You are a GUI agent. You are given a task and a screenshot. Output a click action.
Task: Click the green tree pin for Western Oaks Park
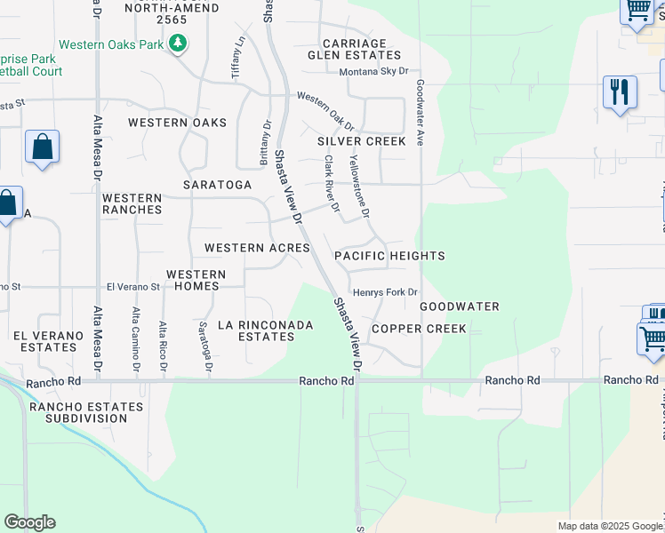[179, 43]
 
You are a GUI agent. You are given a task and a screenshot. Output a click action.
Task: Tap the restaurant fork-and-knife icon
[620, 91]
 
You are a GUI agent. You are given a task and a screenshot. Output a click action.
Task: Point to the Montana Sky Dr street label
[373, 70]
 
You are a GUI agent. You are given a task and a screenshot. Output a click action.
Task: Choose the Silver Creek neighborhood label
[362, 141]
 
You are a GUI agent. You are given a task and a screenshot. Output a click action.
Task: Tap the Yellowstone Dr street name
[358, 185]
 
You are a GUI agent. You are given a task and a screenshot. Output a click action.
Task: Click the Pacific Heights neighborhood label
[389, 256]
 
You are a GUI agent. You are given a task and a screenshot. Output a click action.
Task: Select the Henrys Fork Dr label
[385, 292]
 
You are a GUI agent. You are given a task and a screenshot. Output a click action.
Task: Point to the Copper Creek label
[419, 329]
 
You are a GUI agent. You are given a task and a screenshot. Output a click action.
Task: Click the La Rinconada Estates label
[266, 331]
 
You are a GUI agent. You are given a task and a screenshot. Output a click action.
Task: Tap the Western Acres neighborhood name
[257, 248]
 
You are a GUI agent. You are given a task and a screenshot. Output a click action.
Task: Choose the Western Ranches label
[132, 204]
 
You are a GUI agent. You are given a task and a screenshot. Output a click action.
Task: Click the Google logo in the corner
[29, 522]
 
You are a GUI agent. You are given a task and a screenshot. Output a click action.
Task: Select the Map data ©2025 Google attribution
[609, 526]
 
